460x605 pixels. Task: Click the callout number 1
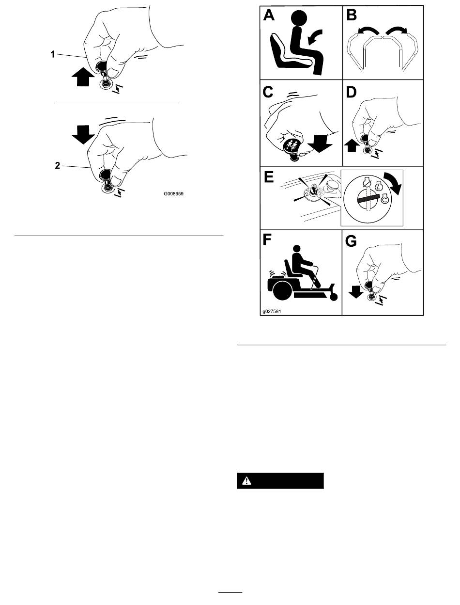tap(53, 54)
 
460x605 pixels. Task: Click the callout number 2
tap(57, 166)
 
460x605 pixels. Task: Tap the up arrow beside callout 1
tap(83, 77)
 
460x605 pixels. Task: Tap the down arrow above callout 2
tap(83, 134)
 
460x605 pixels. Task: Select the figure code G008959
tap(173, 193)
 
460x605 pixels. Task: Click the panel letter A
tap(269, 15)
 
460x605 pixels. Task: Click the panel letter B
tap(352, 15)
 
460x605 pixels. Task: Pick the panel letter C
tap(268, 92)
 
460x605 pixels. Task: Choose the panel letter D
tap(351, 92)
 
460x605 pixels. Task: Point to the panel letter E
tap(269, 177)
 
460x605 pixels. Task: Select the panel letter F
tap(267, 240)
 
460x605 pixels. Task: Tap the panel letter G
tap(351, 241)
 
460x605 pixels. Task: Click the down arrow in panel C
tap(320, 143)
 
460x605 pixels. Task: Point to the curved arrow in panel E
tap(394, 182)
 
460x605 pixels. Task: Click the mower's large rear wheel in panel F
tap(283, 291)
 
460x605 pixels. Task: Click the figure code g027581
tap(272, 311)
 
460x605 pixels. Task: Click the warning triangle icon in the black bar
tap(246, 481)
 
